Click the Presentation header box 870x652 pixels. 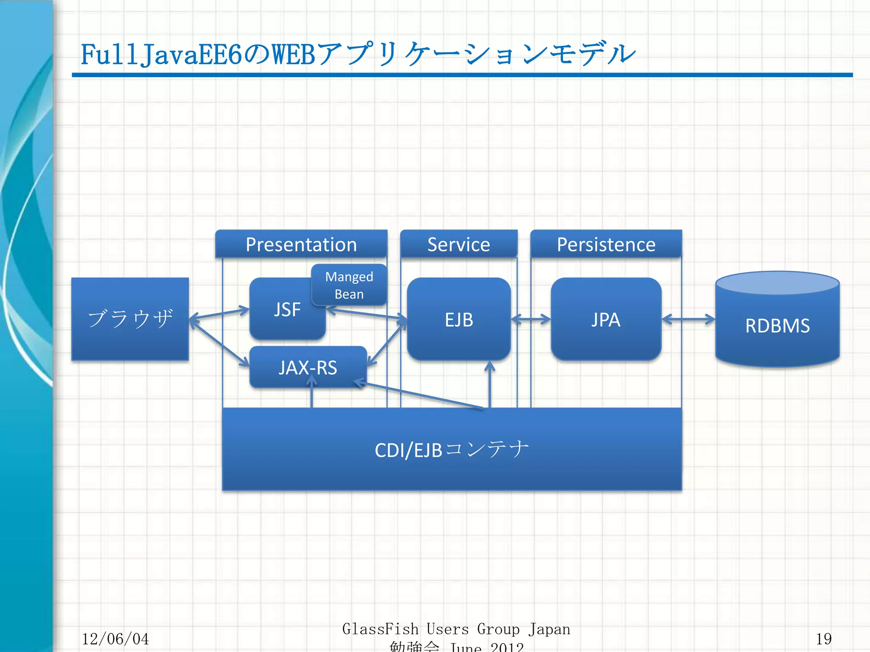pos(301,244)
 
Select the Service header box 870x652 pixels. pos(459,244)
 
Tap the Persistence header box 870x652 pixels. pos(606,244)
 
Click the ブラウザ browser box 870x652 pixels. pos(130,319)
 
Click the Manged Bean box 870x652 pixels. pos(349,285)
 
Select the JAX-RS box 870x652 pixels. pos(308,367)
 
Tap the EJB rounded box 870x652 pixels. pos(459,319)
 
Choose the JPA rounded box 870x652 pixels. pos(606,319)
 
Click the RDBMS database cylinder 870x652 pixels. pos(777,325)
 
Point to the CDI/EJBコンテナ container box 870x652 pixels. pos(452,449)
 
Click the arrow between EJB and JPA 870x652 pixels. pos(531,319)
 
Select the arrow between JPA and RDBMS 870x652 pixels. pos(688,319)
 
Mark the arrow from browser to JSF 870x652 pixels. pos(219,314)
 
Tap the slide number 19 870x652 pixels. pos(823,639)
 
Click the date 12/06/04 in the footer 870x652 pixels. pos(115,639)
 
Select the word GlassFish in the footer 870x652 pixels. pos(380,629)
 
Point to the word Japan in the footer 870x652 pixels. pos(549,629)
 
